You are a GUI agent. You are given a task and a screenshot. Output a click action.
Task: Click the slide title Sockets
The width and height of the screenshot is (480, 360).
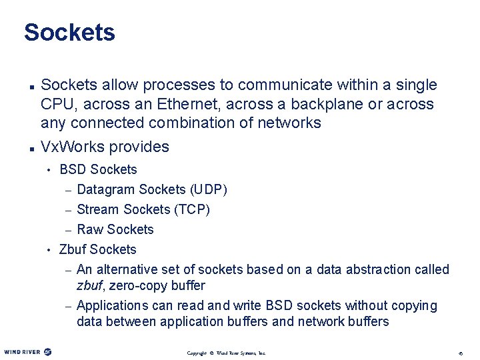point(69,32)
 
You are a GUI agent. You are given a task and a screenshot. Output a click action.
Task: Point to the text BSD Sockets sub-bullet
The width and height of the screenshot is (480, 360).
point(98,169)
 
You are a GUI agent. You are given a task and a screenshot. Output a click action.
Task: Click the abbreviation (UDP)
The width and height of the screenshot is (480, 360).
point(209,189)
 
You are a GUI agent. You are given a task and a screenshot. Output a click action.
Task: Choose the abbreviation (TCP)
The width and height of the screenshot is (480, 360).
point(192,209)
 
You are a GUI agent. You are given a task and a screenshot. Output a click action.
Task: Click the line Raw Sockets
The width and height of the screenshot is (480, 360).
point(115,229)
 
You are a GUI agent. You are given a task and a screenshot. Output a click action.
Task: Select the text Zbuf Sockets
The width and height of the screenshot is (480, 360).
point(97,249)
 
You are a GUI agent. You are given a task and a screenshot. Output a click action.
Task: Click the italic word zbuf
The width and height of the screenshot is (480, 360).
point(90,285)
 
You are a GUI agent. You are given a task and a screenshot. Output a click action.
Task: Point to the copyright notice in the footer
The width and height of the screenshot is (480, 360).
point(226,353)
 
